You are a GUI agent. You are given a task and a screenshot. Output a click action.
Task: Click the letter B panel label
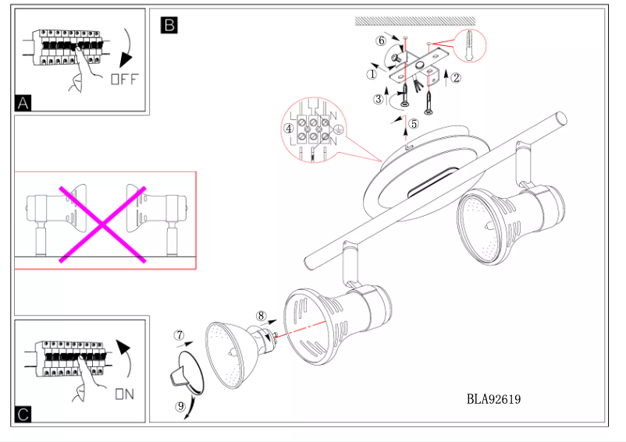point(169,25)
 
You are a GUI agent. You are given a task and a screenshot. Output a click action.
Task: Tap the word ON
point(124,394)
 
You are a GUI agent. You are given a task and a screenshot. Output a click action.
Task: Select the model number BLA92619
point(493,400)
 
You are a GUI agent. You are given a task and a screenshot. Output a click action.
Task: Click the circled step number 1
point(372,75)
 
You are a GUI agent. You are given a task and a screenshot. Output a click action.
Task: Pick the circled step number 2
point(457,77)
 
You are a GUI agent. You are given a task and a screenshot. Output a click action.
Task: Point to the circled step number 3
point(378,99)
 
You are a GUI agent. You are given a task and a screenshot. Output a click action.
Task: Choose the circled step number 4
point(289,128)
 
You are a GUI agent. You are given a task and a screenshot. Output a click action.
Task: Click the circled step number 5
point(414,123)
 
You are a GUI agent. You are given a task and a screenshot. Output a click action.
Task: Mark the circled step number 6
point(381,40)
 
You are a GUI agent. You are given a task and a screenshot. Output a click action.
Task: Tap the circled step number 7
point(179,336)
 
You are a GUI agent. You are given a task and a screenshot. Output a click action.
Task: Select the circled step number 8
point(261,316)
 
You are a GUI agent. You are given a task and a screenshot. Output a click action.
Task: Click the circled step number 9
point(180,405)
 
